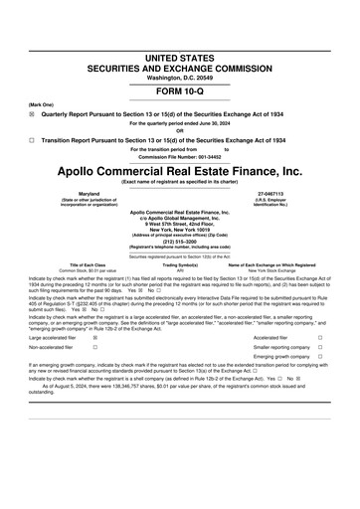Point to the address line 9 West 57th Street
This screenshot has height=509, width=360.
(x=179, y=222)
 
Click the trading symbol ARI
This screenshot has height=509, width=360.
(x=180, y=269)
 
